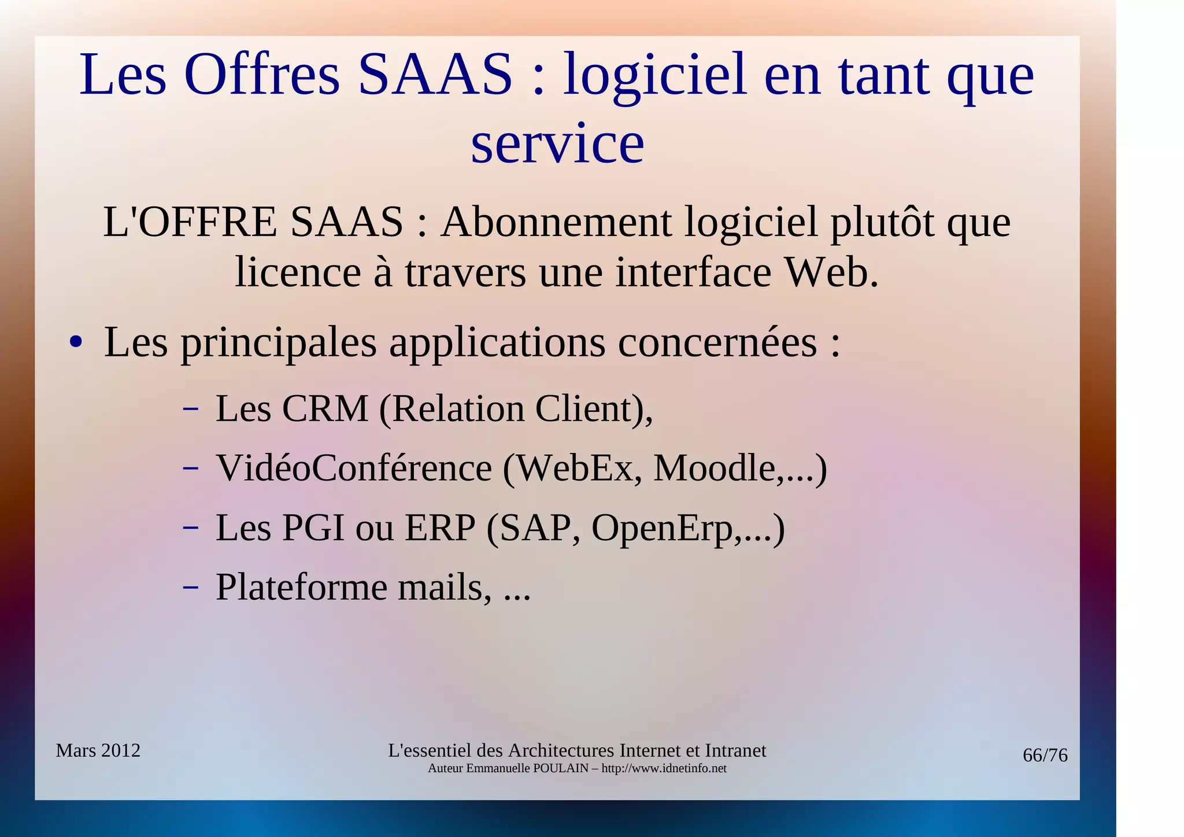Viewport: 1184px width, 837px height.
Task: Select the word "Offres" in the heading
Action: [x=262, y=75]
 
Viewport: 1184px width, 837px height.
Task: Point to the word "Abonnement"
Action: [x=556, y=222]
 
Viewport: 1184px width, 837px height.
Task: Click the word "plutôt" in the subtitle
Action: [x=882, y=222]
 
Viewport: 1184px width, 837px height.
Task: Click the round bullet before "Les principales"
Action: [x=75, y=342]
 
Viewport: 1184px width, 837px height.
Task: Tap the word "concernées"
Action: [x=717, y=342]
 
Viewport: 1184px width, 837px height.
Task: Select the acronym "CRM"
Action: [x=325, y=409]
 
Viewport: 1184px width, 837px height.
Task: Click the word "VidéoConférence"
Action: [x=354, y=468]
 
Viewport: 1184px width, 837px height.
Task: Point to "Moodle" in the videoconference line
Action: [x=715, y=468]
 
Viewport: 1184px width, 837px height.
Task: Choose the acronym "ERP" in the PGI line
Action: [x=439, y=528]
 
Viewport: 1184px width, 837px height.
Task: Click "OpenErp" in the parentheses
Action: [x=662, y=528]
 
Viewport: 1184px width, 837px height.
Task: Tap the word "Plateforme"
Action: [x=301, y=587]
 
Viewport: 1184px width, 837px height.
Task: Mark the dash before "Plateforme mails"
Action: [x=191, y=588]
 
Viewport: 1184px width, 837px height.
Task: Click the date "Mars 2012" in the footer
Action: [x=98, y=750]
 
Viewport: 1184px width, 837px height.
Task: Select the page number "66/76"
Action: [x=1045, y=755]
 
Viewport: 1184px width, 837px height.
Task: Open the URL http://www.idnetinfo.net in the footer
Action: [x=664, y=769]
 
